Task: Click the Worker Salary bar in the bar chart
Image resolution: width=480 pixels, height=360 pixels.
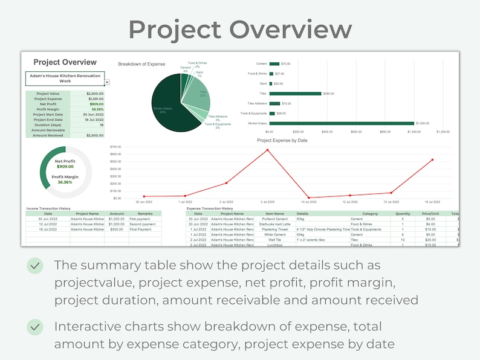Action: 342,123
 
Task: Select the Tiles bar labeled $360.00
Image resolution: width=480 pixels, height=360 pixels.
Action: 295,94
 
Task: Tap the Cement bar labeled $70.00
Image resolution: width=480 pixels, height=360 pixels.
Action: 274,63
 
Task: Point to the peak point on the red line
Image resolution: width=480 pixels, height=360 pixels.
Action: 267,150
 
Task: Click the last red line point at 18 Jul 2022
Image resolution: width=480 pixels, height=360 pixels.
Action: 432,160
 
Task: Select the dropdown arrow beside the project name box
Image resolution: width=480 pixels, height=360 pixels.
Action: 107,82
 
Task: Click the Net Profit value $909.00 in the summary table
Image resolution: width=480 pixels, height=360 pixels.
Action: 95,104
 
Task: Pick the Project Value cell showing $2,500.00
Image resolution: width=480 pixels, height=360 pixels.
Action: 94,94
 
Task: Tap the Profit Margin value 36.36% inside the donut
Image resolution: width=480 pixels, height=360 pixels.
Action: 65,182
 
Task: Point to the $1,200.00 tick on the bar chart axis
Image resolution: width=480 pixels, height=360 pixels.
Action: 443,131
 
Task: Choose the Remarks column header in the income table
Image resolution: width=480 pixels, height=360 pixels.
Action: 144,213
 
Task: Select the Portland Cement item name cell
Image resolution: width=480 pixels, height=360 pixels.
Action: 274,219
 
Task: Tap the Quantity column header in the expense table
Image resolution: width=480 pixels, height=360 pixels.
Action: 403,213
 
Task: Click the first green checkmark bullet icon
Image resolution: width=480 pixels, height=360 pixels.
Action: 35,265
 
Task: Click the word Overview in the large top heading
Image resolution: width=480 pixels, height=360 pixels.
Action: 290,29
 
